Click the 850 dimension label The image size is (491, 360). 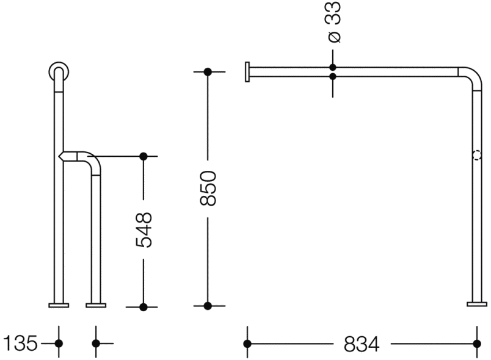pos(208,188)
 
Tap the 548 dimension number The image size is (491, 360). pos(144,230)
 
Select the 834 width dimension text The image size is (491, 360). pos(362,344)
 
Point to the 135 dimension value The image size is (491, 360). pos(20,343)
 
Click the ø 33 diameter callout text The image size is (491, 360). pos(333,22)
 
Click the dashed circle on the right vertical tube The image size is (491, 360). pos(477,156)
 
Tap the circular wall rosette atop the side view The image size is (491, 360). pos(59,71)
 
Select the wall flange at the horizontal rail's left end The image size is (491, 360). pos(247,71)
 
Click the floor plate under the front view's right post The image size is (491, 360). pos(477,304)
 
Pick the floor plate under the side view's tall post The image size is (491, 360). pos(59,305)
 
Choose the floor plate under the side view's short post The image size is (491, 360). pos(96,305)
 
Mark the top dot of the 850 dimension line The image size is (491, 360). pos(208,72)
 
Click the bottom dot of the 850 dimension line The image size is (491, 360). pos(208,306)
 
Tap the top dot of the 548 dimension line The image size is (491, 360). pos(144,156)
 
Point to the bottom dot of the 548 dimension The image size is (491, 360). pos(144,307)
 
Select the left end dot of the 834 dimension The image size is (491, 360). pos(247,344)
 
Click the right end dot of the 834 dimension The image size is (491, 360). pos(477,344)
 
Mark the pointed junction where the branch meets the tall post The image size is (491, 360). pos(61,156)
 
